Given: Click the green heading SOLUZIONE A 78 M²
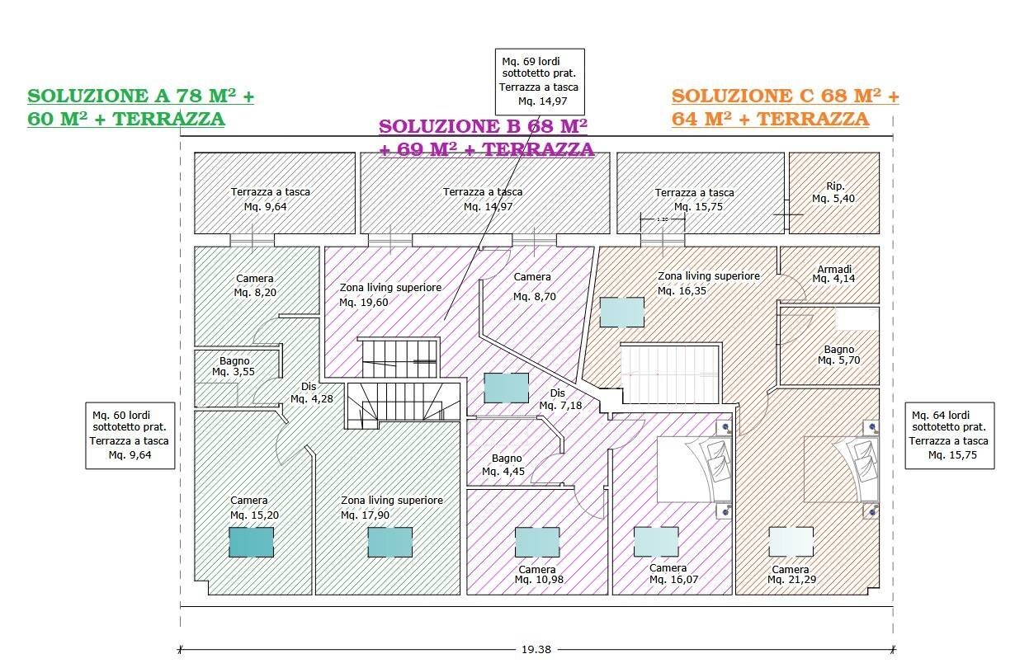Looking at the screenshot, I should (x=140, y=96).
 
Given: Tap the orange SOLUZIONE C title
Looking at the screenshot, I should (x=785, y=96).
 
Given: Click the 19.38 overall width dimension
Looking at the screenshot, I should (x=536, y=649).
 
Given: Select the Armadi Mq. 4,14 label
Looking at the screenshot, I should (x=833, y=275).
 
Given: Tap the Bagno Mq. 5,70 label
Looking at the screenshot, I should (x=838, y=355).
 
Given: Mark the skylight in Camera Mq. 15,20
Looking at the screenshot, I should (x=251, y=542).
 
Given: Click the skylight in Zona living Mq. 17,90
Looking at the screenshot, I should (x=389, y=542).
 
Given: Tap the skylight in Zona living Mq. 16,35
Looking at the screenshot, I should (x=622, y=313).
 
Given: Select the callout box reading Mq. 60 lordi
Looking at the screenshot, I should (x=131, y=435).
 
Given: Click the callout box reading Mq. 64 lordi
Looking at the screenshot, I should (x=949, y=435).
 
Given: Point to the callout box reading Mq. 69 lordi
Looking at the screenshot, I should (x=540, y=81).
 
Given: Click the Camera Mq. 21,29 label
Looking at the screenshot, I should (x=790, y=575).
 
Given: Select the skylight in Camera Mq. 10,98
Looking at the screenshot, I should (x=537, y=542).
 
